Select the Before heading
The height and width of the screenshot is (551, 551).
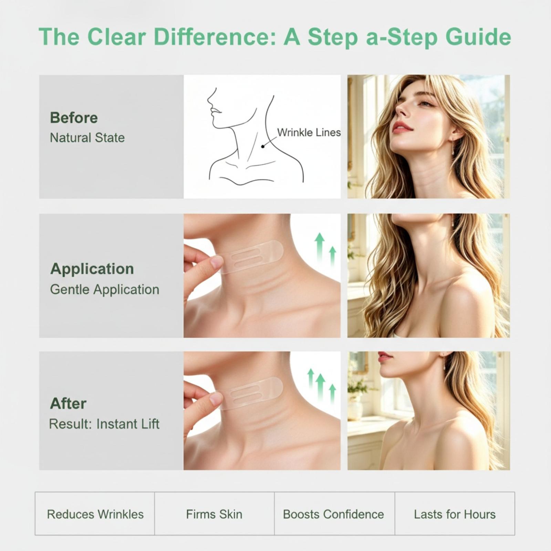[74, 118]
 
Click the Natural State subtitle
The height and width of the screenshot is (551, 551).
[87, 138]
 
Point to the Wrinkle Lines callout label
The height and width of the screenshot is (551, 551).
[309, 133]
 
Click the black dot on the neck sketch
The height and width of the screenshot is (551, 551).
[263, 146]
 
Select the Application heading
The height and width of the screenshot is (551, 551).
[92, 269]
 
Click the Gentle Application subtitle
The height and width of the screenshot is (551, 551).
[105, 290]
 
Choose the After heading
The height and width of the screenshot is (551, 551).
[68, 403]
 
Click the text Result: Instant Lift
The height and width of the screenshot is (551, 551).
[104, 424]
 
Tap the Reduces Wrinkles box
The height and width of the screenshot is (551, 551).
[95, 513]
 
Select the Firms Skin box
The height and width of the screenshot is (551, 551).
[214, 513]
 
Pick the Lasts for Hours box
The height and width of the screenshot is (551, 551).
[455, 513]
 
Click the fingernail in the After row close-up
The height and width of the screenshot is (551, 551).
[216, 399]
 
